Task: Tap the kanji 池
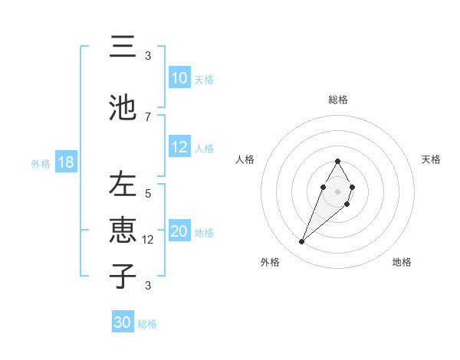pos(123,107)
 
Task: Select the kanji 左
pos(123,185)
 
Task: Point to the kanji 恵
pos(123,231)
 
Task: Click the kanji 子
pos(123,277)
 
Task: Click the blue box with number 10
pos(179,78)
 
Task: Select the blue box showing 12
pos(179,147)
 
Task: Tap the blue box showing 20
pos(179,231)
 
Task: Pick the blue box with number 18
pos(65,162)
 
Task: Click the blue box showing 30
pos(123,322)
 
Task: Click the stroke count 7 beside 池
pos(148,116)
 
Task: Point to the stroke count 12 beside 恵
pos(149,240)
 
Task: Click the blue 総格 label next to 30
pos(147,324)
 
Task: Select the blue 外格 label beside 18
pos(41,163)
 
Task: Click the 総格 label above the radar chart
pos(338,100)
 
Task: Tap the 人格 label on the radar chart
pos(245,159)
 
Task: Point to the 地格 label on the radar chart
pos(402,263)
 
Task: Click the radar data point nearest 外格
pos(302,242)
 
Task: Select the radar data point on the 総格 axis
pos(337,161)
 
